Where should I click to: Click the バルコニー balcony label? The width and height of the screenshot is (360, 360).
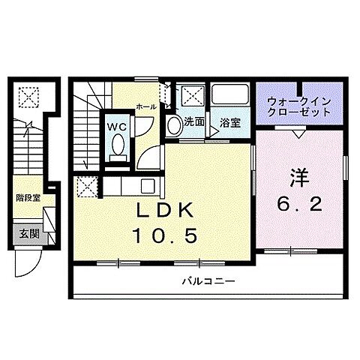(208, 282)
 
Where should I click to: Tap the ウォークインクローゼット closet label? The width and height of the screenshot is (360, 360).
(298, 105)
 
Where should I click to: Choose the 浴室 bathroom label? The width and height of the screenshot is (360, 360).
(230, 123)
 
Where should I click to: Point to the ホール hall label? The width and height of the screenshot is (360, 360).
(146, 107)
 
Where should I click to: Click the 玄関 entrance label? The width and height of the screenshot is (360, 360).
(28, 233)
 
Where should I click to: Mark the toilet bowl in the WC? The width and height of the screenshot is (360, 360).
(118, 149)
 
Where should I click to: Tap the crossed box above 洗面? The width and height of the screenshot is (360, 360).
(193, 96)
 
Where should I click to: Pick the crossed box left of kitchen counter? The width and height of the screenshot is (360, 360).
(88, 185)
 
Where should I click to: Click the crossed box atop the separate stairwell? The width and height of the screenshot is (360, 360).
(28, 96)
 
